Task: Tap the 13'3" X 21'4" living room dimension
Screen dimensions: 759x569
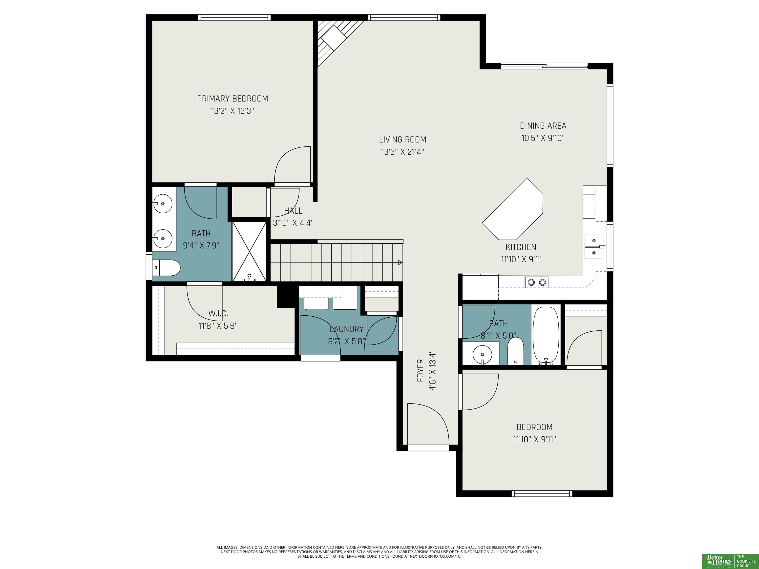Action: point(402,152)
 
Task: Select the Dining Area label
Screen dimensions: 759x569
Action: point(543,126)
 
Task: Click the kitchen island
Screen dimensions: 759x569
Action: point(513,209)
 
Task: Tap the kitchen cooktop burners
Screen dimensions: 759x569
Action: point(537,282)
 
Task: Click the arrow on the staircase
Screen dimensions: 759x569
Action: point(400,263)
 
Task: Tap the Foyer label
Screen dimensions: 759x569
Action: point(420,370)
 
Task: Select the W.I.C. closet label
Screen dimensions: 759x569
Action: point(218,313)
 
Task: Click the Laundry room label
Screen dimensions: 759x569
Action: point(347,329)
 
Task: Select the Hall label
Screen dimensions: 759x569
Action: point(293,211)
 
